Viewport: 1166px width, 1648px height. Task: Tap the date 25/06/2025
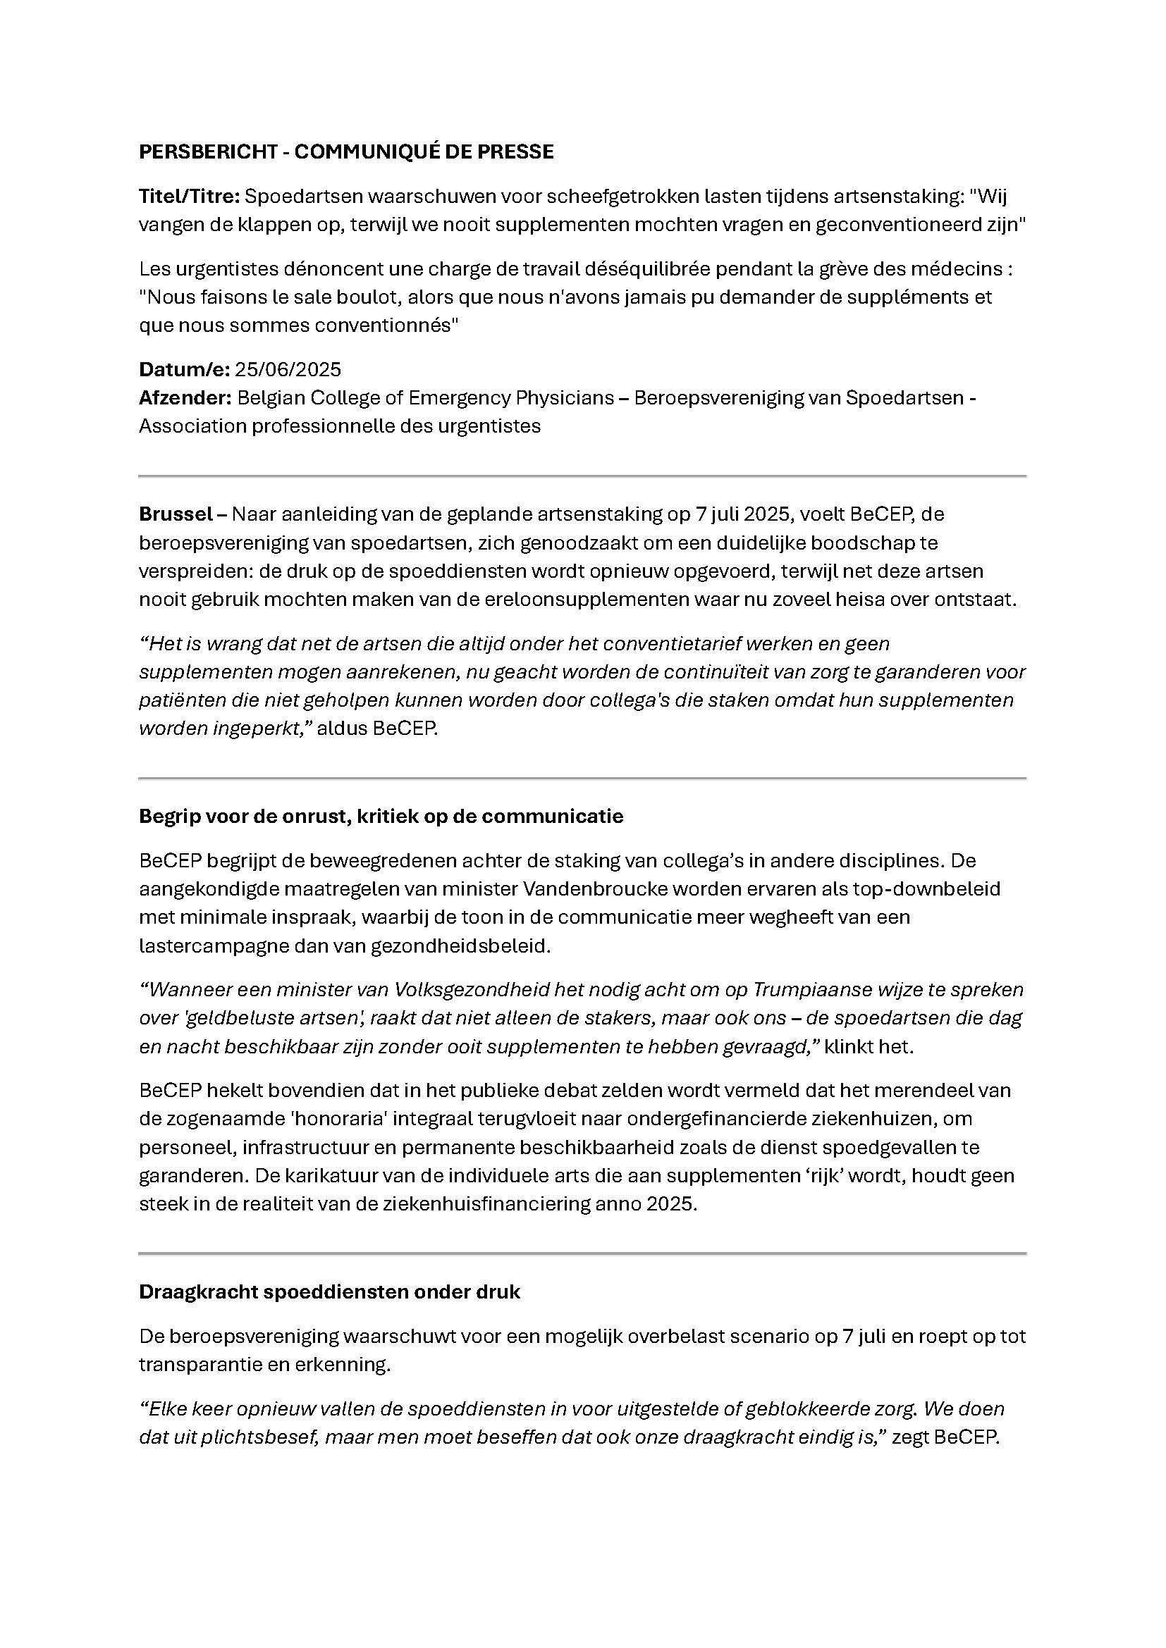click(287, 370)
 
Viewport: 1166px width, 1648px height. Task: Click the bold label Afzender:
click(185, 397)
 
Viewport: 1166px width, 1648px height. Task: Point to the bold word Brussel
click(176, 514)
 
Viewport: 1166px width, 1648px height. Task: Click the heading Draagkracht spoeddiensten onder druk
click(329, 1292)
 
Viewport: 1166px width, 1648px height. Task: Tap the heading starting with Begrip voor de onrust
click(381, 816)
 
